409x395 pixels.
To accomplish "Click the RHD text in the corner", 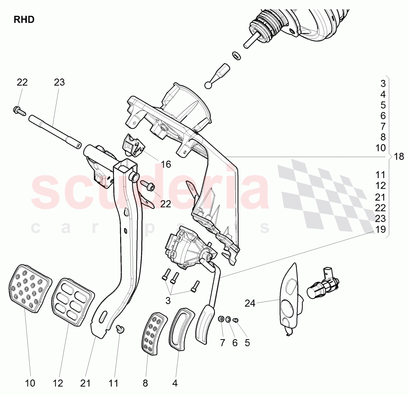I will click(24, 20).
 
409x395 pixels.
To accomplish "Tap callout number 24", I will click(250, 303).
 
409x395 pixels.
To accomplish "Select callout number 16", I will click(166, 164).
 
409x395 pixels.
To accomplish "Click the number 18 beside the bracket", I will click(399, 157).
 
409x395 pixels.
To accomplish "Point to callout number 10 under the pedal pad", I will click(30, 383).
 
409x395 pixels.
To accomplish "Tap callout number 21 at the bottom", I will click(86, 383).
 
